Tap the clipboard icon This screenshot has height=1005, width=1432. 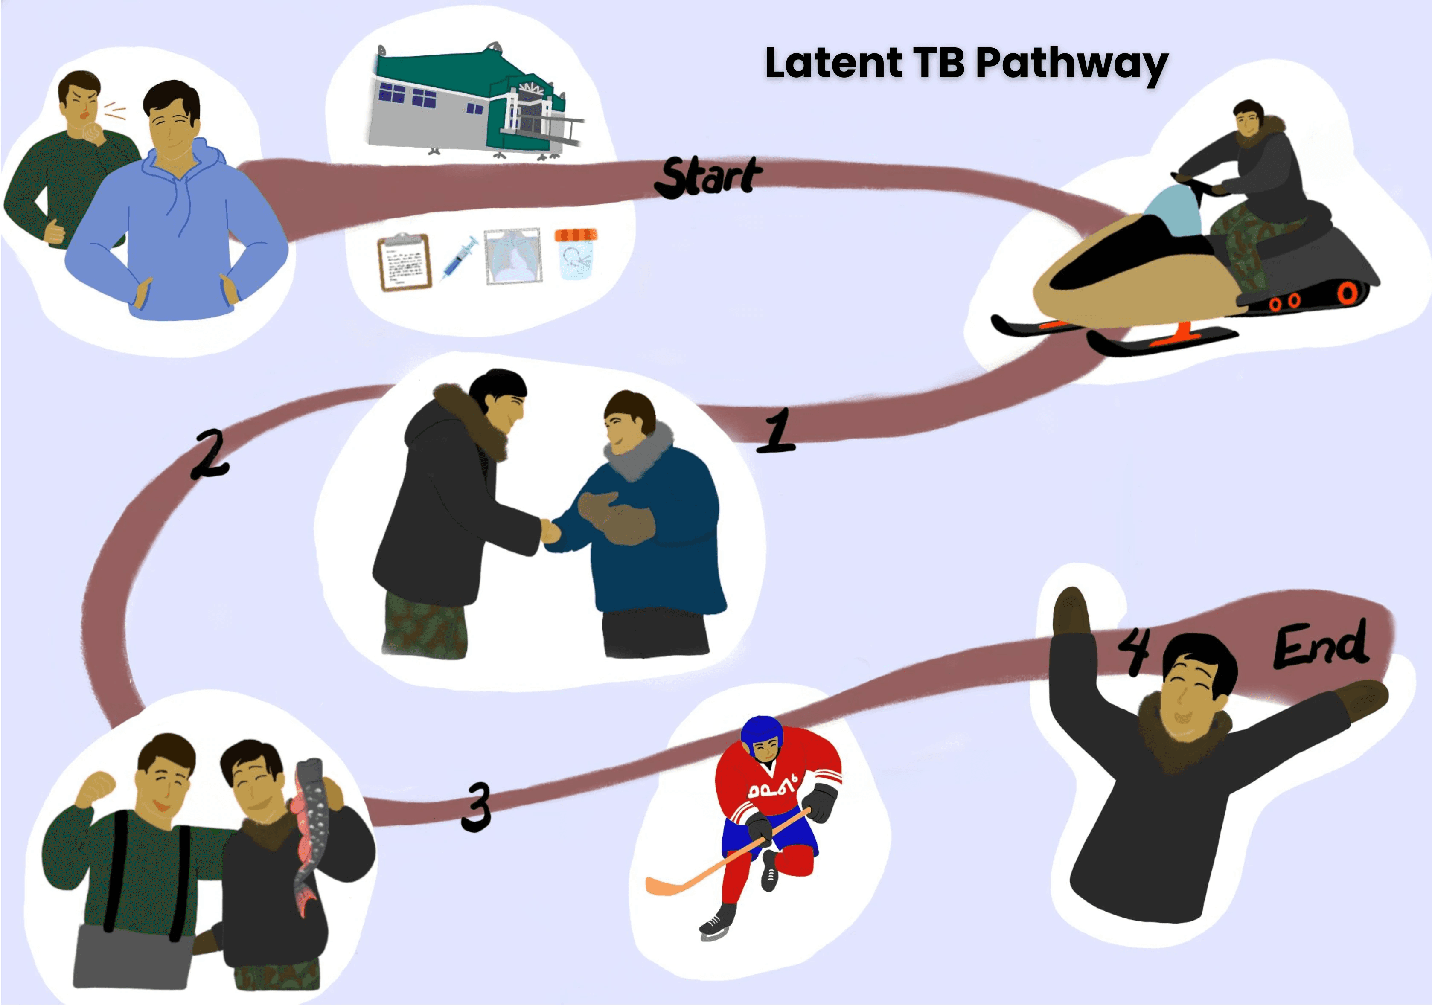tap(404, 262)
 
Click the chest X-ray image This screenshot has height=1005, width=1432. tap(512, 256)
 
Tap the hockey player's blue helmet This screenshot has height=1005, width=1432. tap(761, 729)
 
